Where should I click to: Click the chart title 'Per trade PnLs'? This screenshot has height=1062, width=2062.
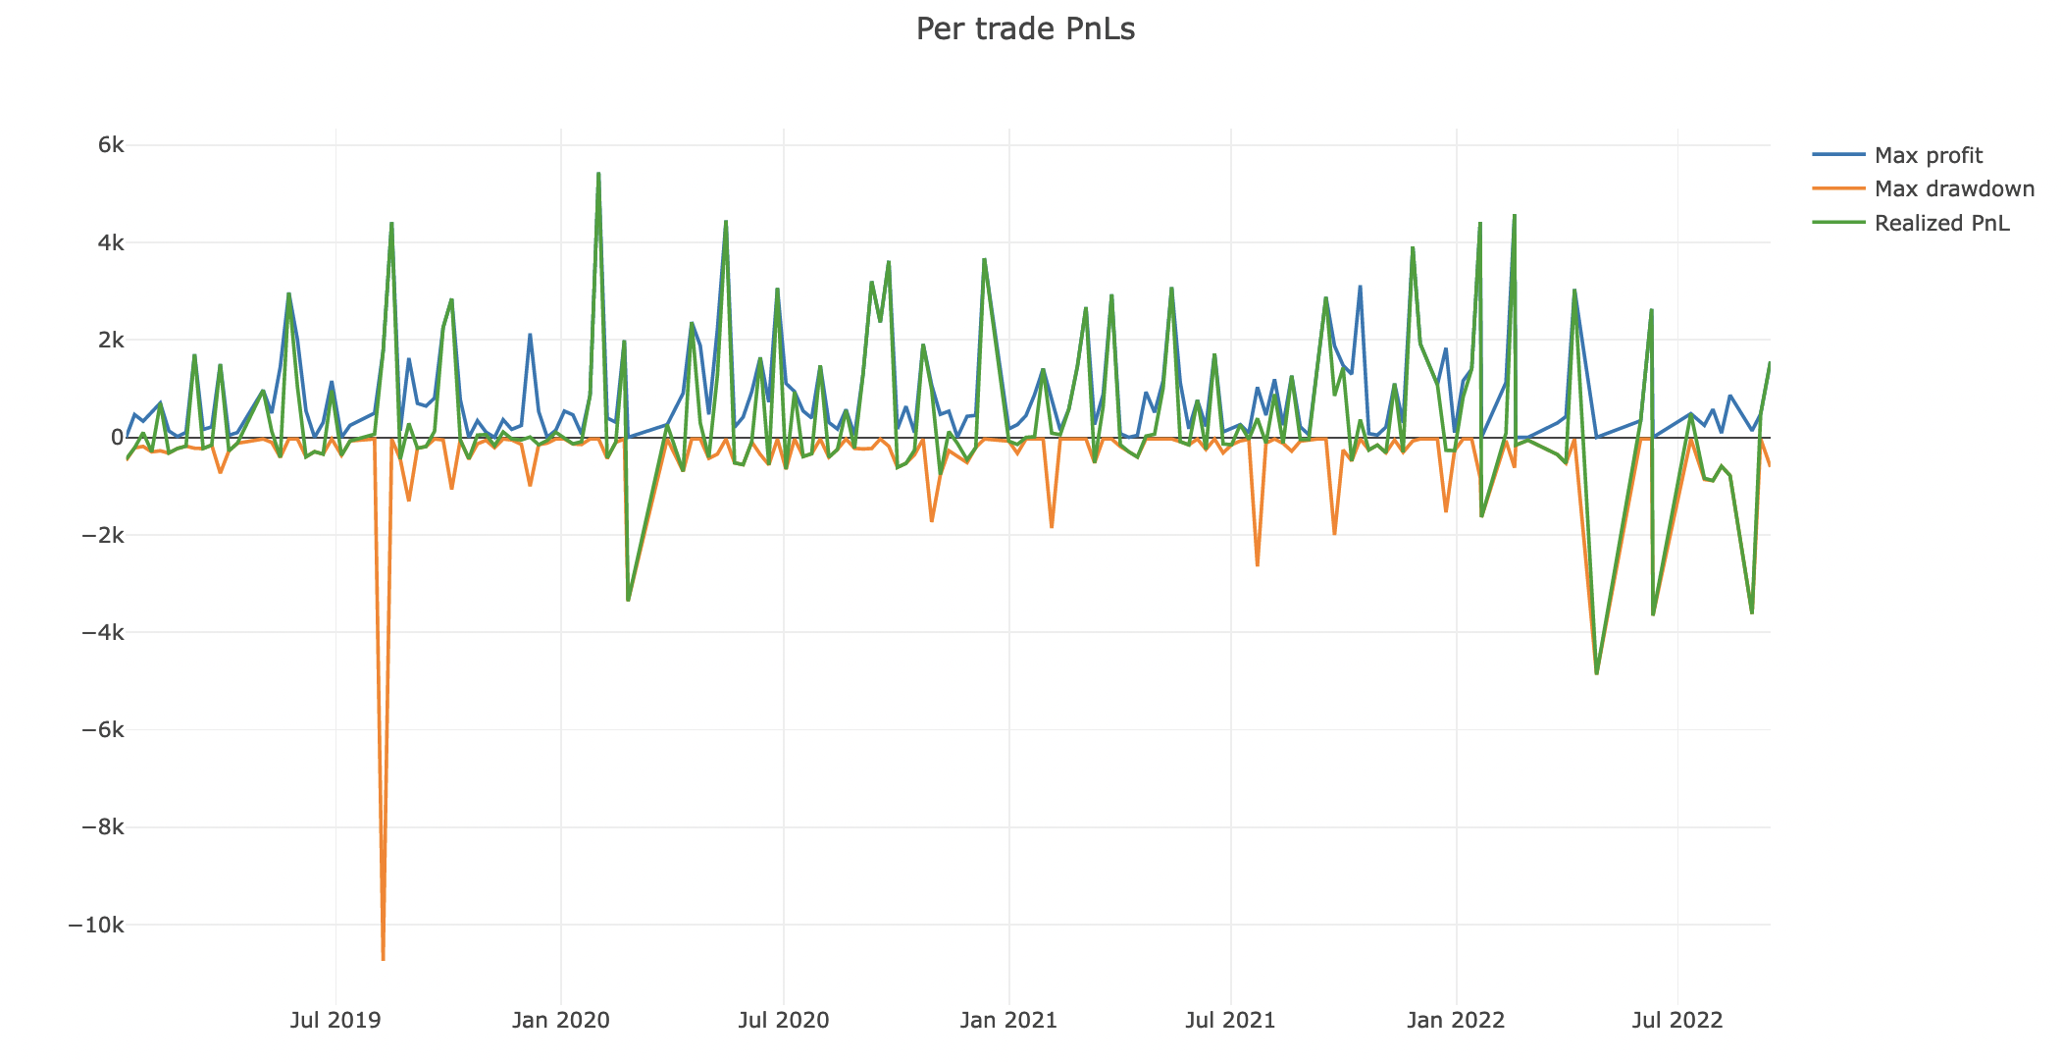coord(1025,29)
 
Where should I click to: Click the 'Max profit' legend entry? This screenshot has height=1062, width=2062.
coord(1928,155)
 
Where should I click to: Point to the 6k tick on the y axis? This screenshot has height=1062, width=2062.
coord(110,145)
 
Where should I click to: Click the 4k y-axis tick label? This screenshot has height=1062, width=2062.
coord(110,242)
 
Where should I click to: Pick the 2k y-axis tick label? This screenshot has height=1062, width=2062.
coord(110,340)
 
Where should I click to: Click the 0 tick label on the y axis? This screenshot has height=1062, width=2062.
coord(117,438)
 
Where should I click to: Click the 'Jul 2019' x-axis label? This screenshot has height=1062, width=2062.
coord(335,1020)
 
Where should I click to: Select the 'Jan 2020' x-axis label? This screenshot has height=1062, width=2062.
coord(560,1020)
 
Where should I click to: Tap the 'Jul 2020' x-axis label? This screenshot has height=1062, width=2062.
coord(783,1020)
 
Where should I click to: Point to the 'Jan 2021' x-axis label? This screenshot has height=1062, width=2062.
coord(1008,1020)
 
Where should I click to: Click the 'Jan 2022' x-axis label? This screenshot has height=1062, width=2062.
coord(1456,1020)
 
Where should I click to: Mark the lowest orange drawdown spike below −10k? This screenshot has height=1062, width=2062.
coord(383,959)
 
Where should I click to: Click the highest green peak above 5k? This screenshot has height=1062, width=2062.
coord(598,174)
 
